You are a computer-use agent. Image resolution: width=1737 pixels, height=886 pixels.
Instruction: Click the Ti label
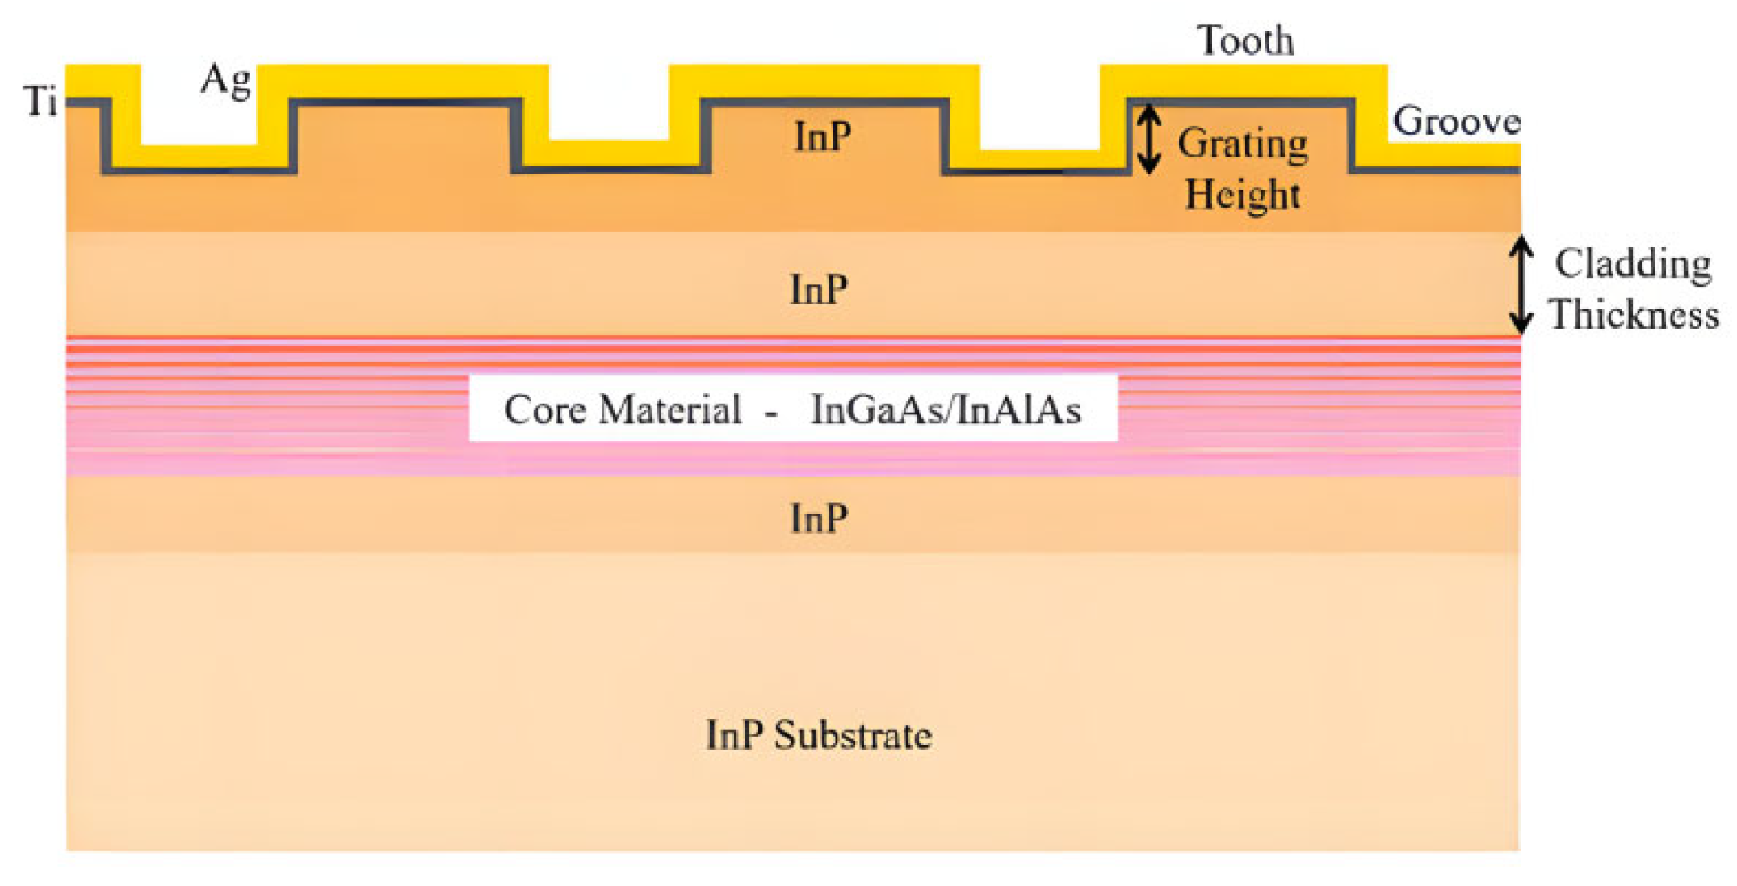(40, 102)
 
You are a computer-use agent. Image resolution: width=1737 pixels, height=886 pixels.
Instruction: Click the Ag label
(226, 81)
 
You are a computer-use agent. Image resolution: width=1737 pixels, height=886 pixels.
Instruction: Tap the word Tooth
(1244, 40)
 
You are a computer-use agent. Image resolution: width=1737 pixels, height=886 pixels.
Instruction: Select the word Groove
(1455, 121)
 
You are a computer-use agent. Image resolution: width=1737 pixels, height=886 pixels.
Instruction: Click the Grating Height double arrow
(1148, 141)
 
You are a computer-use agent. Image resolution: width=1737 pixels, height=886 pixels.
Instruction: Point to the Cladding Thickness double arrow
(1521, 284)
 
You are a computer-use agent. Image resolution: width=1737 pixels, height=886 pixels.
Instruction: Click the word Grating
(1242, 145)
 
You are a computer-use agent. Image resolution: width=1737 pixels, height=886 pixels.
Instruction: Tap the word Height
(1242, 195)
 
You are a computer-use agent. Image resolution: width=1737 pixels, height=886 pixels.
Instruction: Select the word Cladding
(1632, 263)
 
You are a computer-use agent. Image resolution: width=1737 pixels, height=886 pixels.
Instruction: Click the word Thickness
(1634, 314)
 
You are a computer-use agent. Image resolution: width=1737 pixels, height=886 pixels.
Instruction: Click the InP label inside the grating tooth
(822, 136)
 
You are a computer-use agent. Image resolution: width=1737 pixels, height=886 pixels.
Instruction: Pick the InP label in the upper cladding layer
(818, 289)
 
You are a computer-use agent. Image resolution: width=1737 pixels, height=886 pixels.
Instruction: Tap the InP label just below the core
(818, 518)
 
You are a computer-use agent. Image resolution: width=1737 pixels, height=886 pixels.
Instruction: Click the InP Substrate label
(818, 735)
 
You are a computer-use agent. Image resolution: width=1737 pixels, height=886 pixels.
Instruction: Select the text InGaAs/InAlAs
(945, 409)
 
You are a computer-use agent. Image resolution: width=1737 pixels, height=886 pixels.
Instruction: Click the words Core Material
(622, 409)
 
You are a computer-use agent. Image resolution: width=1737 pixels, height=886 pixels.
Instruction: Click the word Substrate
(853, 735)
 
